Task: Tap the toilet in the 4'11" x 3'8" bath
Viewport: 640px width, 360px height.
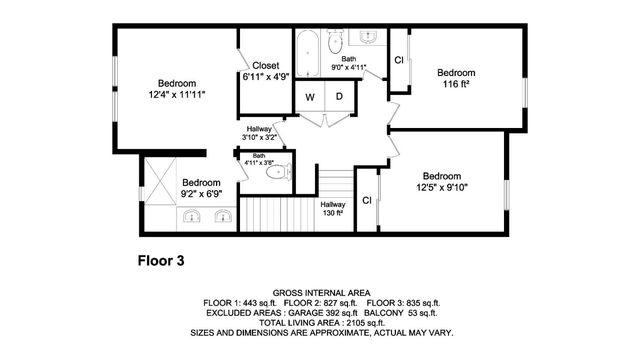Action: coord(276,172)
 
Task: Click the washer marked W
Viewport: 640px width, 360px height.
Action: coord(309,97)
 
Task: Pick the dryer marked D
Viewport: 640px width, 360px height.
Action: coord(339,97)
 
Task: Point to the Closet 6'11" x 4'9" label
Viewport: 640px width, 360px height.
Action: coord(265,70)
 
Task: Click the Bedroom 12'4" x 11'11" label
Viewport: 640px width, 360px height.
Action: coord(176,89)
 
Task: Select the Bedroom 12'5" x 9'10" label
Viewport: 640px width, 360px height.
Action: coord(441,180)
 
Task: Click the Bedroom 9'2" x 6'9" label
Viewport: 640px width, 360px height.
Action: coord(200,188)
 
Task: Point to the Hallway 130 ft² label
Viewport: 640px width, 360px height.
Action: coord(333,208)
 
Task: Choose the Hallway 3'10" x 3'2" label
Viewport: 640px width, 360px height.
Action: coord(259,133)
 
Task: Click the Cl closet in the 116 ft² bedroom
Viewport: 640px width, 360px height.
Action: coord(398,61)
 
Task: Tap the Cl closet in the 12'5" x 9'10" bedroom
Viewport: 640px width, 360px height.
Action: coord(366,200)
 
